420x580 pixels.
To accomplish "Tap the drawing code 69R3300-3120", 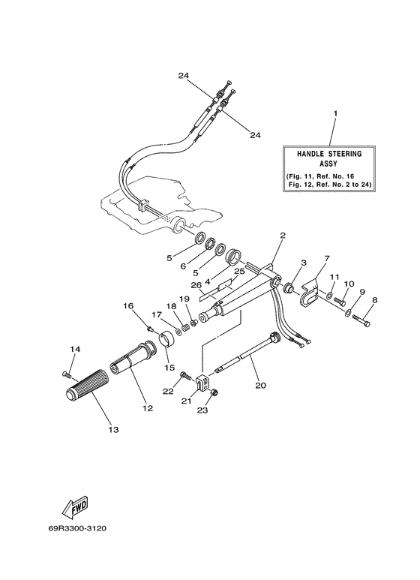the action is point(77,528).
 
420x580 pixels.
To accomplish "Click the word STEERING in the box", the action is point(344,154).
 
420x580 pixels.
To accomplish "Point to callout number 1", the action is point(335,113).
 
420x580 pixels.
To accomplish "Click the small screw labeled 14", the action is point(67,374).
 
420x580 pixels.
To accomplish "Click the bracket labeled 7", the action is point(309,296).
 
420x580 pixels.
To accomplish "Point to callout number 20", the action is point(260,385).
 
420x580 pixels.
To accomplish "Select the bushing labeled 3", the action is point(289,287).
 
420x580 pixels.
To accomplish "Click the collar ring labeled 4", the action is point(235,256).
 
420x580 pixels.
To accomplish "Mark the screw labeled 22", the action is point(185,376).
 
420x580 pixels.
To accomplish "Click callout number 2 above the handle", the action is point(283,236).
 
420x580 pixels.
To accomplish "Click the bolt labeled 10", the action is point(340,302).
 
